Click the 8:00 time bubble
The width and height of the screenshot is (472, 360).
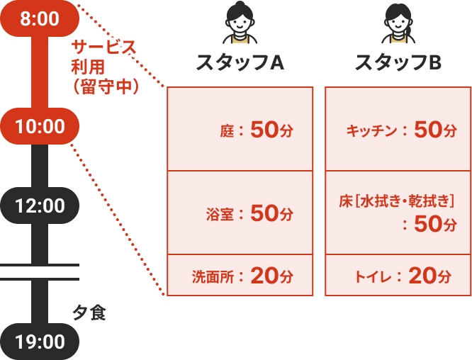(x=40, y=19)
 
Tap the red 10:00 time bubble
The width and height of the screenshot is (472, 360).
(x=40, y=127)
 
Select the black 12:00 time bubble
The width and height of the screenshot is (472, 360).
(x=40, y=206)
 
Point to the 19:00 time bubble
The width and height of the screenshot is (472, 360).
(x=40, y=342)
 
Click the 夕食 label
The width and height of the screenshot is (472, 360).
(x=89, y=313)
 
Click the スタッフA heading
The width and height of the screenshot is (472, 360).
(x=240, y=63)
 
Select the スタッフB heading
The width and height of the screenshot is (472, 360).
(x=398, y=63)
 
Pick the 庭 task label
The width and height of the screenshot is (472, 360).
(x=227, y=130)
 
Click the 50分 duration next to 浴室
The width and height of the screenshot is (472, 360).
(x=271, y=213)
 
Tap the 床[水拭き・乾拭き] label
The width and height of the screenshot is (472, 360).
(x=396, y=202)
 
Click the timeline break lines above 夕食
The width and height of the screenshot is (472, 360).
(x=40, y=271)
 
